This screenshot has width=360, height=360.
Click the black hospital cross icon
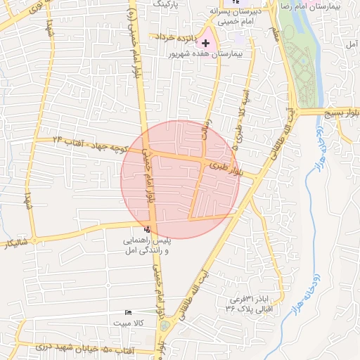(x=205, y=44)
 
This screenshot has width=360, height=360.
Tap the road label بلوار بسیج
(x=340, y=112)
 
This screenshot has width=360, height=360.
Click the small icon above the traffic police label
(x=147, y=229)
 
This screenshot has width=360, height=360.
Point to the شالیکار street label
(x=15, y=243)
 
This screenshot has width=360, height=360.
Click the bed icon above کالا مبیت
(x=127, y=311)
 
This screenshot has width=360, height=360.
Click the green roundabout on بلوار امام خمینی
(x=165, y=326)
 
